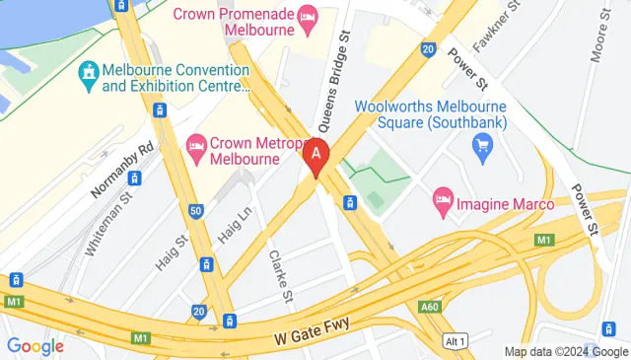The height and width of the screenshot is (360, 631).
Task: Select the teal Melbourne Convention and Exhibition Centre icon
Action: click(89, 72)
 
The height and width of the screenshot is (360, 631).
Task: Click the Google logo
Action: click(35, 346)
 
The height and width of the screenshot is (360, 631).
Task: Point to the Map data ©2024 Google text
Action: click(565, 352)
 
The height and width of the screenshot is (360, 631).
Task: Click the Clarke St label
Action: click(281, 275)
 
